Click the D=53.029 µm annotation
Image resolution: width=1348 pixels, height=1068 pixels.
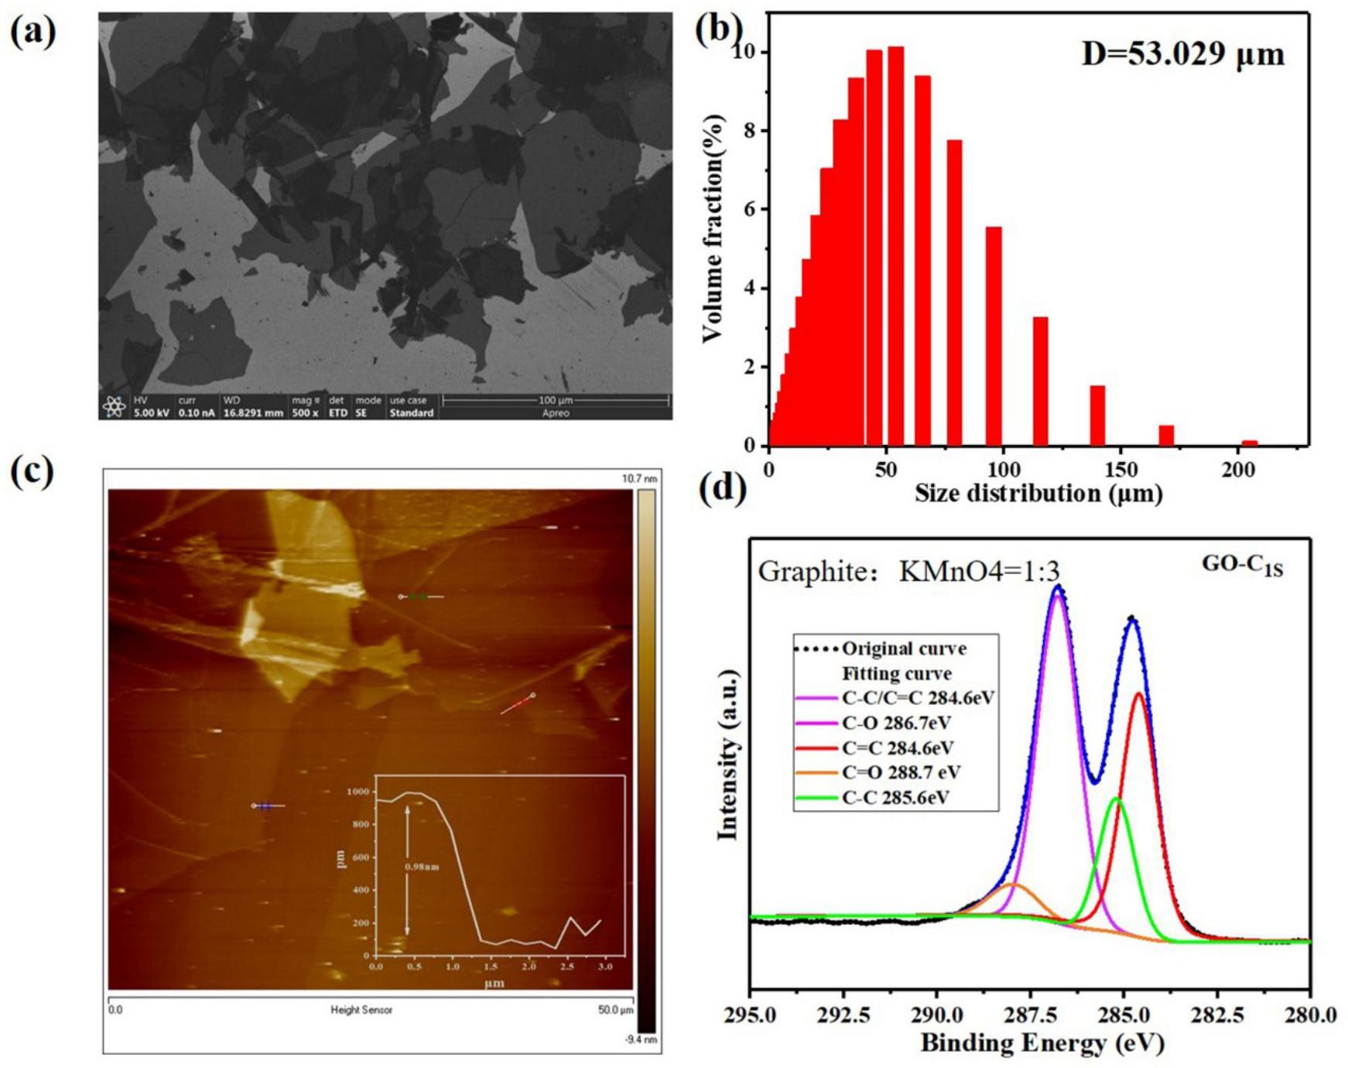pyautogui.click(x=1182, y=54)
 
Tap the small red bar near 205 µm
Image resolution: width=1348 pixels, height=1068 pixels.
pyautogui.click(x=1249, y=443)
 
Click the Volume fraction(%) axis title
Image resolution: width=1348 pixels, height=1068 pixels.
pyautogui.click(x=713, y=228)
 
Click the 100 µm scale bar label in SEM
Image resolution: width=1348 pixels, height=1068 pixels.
pyautogui.click(x=556, y=400)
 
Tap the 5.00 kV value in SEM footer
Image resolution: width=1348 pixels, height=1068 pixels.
pyautogui.click(x=151, y=413)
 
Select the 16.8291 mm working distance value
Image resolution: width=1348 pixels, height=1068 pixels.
pyautogui.click(x=253, y=413)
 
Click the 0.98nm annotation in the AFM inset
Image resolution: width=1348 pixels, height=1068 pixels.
pyautogui.click(x=423, y=867)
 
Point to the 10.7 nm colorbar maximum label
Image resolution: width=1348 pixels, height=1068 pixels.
pyautogui.click(x=640, y=480)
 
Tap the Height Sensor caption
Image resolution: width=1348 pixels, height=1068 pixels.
pyautogui.click(x=361, y=1010)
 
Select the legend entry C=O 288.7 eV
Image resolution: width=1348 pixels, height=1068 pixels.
pyautogui.click(x=902, y=772)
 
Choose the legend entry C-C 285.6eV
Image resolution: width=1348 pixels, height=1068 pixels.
pyautogui.click(x=895, y=797)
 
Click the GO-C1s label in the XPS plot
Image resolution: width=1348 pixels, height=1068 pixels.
pyautogui.click(x=1242, y=566)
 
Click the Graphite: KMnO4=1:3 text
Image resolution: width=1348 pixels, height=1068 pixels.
pyautogui.click(x=908, y=571)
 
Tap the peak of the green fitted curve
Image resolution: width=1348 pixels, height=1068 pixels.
pyautogui.click(x=1116, y=798)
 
